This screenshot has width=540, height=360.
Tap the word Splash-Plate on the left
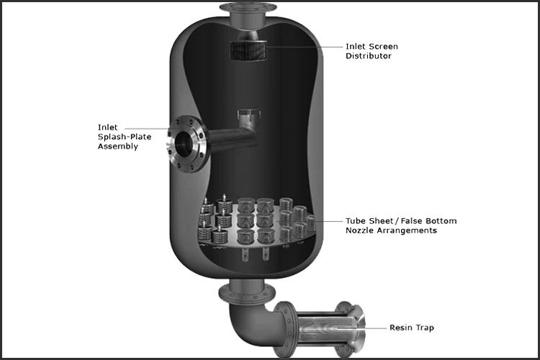(x=124, y=137)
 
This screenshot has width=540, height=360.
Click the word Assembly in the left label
(x=117, y=146)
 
